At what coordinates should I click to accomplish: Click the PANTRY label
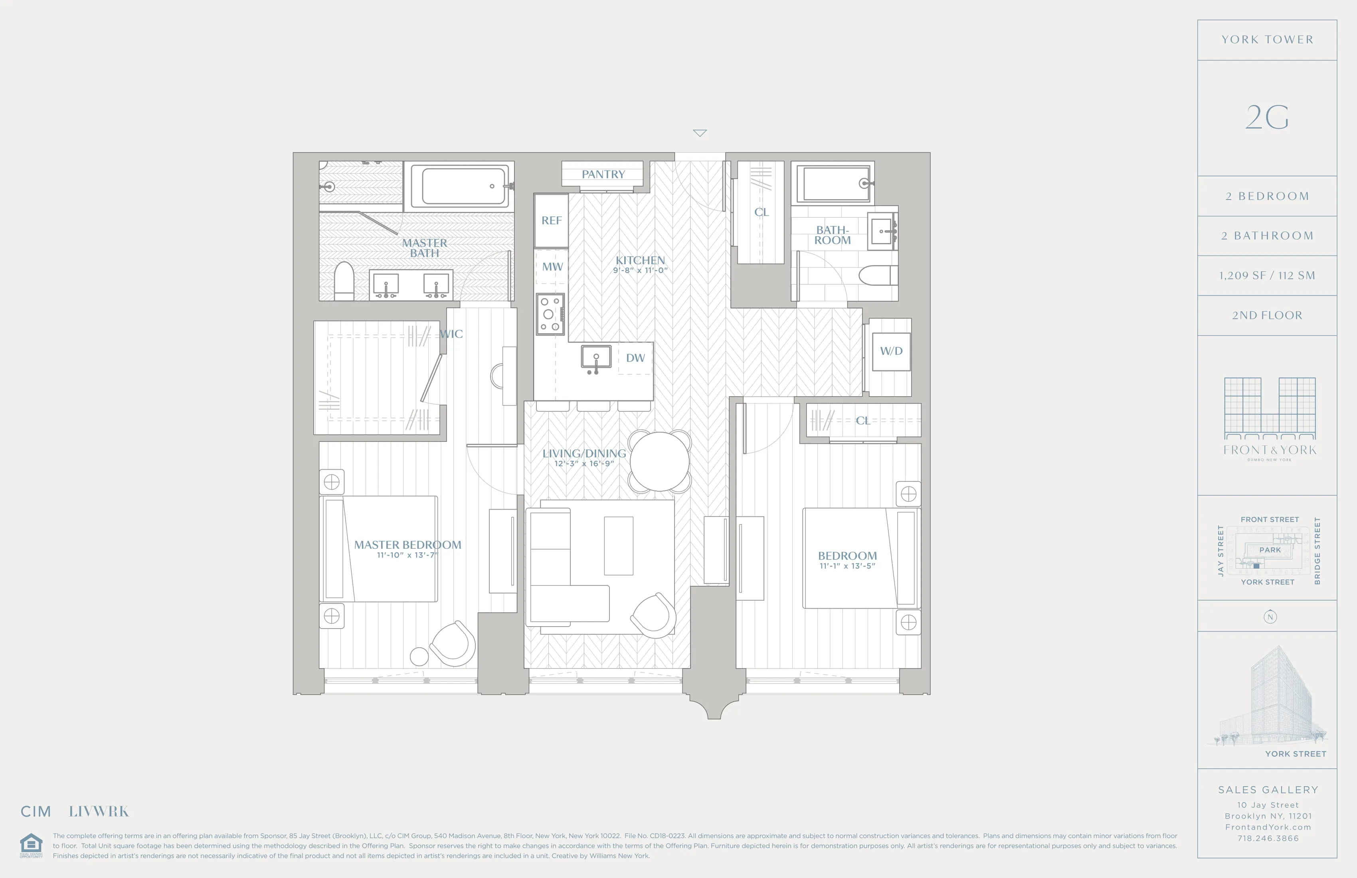603,174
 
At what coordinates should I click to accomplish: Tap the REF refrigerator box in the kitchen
551,221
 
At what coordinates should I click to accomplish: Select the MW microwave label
552,267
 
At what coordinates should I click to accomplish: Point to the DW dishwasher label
635,358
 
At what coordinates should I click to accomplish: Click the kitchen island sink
596,358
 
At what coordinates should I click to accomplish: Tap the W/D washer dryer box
891,351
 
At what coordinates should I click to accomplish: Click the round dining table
660,462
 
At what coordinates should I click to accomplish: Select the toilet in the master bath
344,281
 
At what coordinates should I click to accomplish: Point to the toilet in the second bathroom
878,275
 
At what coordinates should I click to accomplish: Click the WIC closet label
451,334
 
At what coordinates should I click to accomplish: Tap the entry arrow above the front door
700,133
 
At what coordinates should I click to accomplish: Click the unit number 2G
1267,118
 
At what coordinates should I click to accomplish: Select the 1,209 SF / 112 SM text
1267,276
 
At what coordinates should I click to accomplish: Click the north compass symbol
1270,617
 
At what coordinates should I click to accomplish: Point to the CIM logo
36,811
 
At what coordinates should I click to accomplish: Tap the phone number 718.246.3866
1268,838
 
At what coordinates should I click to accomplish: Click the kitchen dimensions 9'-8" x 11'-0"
640,270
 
